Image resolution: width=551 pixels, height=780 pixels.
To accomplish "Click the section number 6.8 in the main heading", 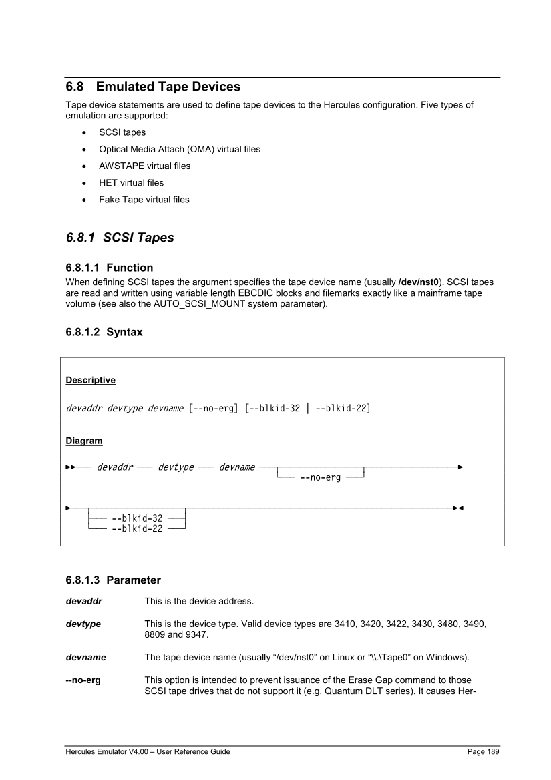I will (x=75, y=87).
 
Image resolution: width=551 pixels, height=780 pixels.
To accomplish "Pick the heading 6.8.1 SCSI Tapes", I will (x=120, y=238).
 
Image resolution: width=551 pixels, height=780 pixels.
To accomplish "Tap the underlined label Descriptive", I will (x=90, y=380).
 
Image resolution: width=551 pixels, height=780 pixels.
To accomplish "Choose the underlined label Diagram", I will (x=84, y=441).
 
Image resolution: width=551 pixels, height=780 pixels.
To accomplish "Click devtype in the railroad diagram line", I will (x=176, y=467).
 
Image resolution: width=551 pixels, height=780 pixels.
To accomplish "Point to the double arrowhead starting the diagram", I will (x=70, y=467).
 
